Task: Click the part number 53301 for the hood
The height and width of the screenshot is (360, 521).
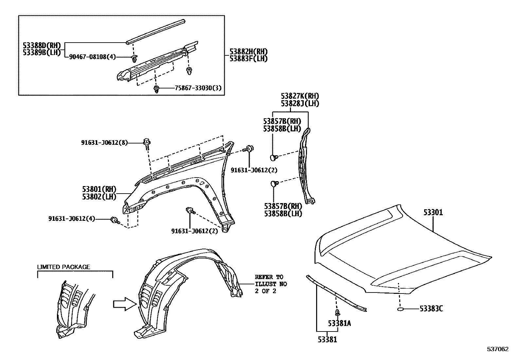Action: [x=433, y=212]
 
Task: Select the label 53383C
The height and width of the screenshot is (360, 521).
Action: [x=431, y=309]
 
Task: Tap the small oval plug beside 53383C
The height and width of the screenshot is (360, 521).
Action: [x=400, y=309]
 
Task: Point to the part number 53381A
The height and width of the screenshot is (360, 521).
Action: [x=339, y=323]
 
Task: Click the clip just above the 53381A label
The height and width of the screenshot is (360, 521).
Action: [x=337, y=313]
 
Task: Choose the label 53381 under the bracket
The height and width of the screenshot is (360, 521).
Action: [x=327, y=340]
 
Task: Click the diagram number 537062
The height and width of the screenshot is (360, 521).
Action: [x=498, y=349]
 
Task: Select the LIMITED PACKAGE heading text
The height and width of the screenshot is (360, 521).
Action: [x=63, y=267]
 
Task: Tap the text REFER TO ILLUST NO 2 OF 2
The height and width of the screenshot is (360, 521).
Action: [x=271, y=284]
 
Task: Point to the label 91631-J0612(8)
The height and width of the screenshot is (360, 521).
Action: [x=104, y=142]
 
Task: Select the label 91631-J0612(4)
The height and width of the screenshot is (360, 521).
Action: [x=72, y=219]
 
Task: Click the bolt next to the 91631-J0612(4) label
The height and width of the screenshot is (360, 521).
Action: [x=115, y=220]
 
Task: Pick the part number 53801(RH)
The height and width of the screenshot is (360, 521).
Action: [x=99, y=189]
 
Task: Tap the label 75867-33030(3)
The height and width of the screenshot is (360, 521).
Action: [x=198, y=88]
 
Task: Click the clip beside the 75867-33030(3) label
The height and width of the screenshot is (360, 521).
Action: [x=156, y=89]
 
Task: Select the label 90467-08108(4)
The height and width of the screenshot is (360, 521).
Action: [x=92, y=57]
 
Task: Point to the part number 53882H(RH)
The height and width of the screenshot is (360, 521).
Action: [x=249, y=51]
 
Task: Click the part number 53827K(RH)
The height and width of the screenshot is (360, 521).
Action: [x=300, y=96]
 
